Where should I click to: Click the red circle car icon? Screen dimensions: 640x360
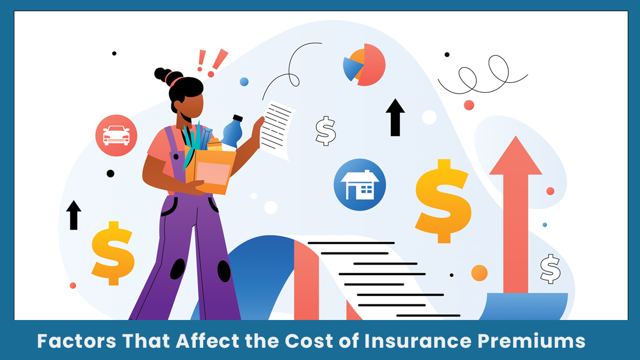(116, 135)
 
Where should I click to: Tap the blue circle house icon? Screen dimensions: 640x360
(359, 185)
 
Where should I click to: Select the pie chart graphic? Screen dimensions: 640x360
(364, 65)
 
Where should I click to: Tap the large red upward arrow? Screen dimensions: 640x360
(516, 214)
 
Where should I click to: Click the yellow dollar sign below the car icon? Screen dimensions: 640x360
(113, 253)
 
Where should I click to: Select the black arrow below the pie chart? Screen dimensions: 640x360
(395, 117)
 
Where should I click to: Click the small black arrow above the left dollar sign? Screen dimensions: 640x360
(74, 215)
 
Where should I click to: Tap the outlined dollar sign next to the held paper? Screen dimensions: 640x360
(325, 131)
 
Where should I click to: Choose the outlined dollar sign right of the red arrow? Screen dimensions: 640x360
(550, 269)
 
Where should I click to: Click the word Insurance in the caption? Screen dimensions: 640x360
(418, 341)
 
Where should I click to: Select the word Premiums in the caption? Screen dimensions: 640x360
(531, 341)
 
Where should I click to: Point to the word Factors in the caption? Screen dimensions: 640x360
(77, 341)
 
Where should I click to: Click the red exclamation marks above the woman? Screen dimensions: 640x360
(212, 63)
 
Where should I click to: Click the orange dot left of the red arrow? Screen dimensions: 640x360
(479, 273)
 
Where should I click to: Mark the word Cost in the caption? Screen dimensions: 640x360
(309, 341)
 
